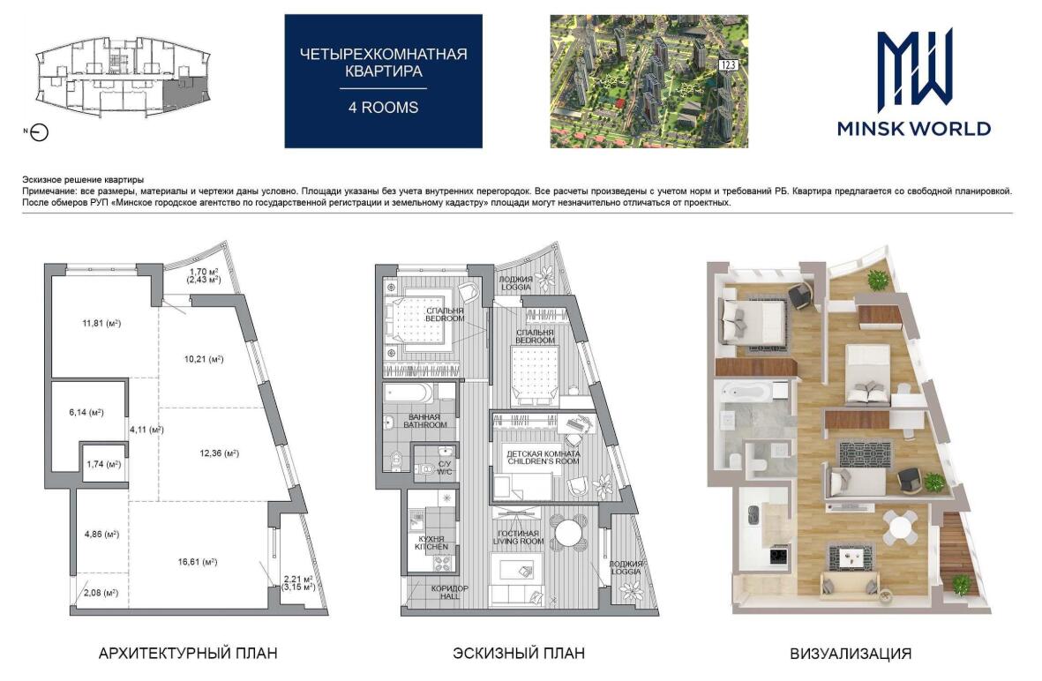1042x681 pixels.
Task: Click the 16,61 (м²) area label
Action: point(198,562)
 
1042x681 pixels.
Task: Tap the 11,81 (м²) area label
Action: point(101,324)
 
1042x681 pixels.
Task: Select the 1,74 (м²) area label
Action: point(103,464)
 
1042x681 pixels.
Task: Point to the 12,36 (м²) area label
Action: point(220,453)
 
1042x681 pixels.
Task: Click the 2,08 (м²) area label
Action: point(101,593)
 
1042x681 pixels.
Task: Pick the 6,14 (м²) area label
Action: point(86,413)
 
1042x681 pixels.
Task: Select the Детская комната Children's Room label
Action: point(543,457)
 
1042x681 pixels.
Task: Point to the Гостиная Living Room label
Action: point(518,537)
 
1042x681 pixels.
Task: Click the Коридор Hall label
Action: point(449,593)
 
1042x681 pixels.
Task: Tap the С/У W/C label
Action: point(444,468)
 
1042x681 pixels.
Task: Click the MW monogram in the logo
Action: point(914,71)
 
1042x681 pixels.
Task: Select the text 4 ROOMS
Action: point(384,108)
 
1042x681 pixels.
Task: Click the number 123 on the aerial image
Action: point(728,65)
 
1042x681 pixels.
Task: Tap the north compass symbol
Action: point(40,133)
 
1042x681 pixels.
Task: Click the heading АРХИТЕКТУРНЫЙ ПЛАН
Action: point(188,653)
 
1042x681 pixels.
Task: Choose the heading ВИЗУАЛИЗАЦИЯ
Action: point(851,654)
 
